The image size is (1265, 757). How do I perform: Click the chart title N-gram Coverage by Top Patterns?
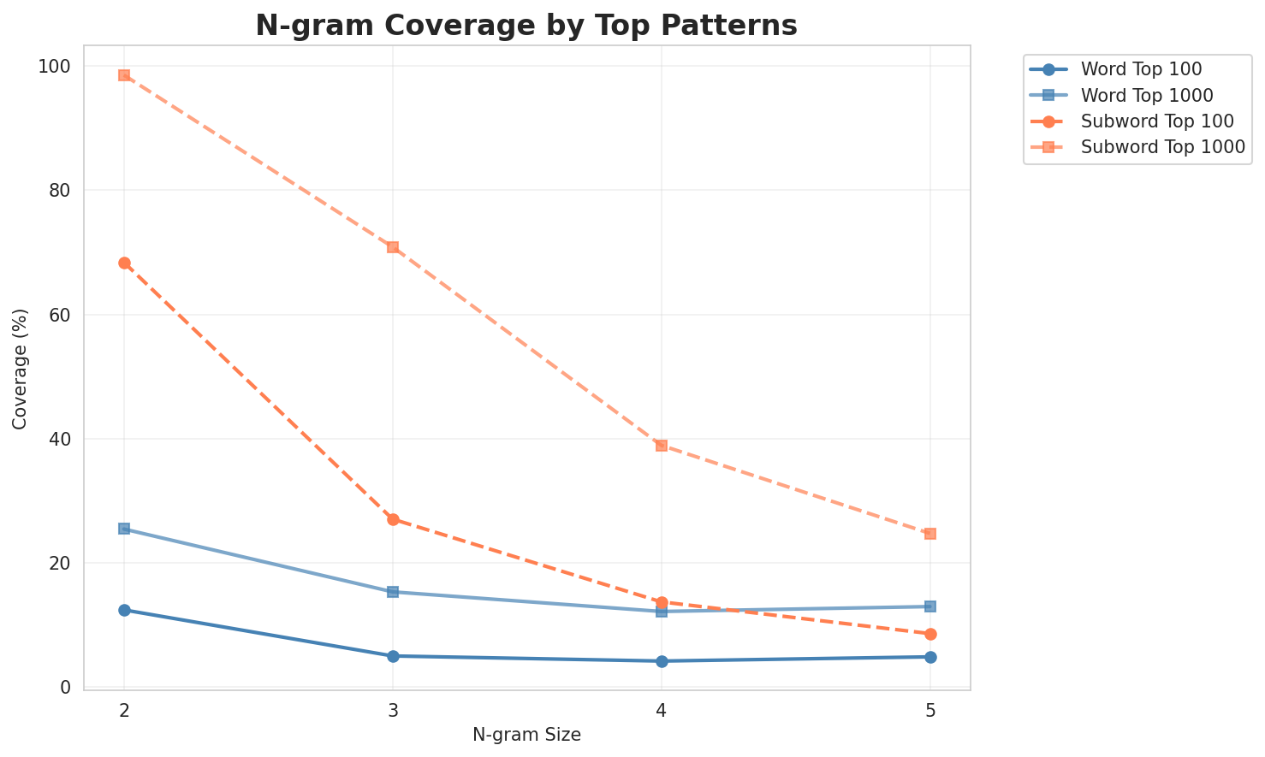pos(526,26)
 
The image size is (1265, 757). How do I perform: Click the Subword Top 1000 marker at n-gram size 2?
pos(124,75)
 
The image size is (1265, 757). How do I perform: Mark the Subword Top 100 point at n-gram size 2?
pos(124,263)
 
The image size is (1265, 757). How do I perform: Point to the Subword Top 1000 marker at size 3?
pos(393,247)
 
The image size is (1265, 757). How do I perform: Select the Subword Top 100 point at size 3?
pos(393,519)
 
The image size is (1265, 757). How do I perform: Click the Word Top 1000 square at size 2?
pos(124,529)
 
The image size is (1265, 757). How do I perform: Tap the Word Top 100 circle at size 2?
pos(124,610)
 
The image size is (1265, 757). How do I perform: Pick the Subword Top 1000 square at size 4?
pos(662,446)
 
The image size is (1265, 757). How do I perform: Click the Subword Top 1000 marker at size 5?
pos(930,534)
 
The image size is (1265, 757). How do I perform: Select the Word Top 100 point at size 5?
pos(930,657)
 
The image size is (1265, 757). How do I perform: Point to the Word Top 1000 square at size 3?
pos(393,592)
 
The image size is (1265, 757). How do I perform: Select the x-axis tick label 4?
pos(662,709)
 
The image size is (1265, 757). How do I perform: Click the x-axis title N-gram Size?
pos(526,735)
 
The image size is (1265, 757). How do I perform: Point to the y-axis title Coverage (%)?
pos(20,369)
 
